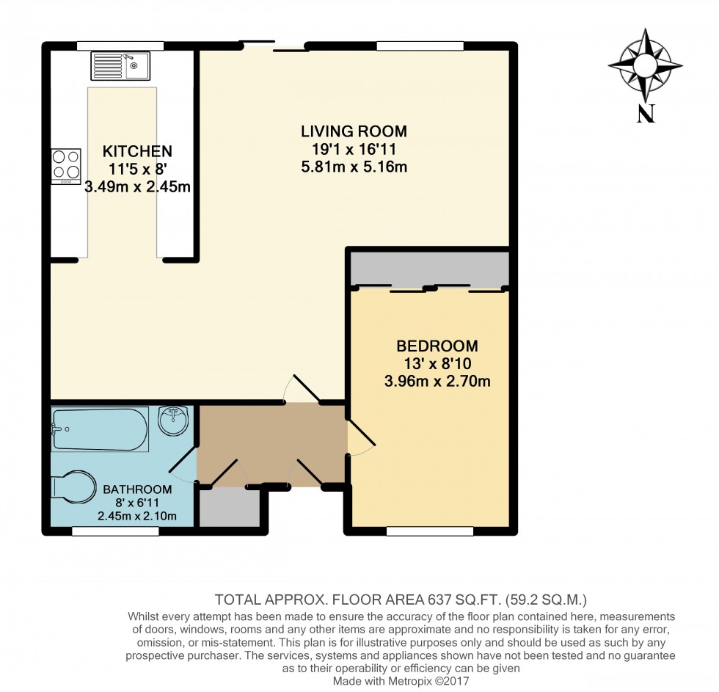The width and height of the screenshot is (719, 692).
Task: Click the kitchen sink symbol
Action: click(120, 66)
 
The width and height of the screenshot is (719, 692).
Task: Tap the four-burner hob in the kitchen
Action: click(66, 166)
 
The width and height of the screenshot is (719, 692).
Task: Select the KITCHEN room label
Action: click(137, 152)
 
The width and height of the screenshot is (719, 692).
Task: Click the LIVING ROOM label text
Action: click(354, 132)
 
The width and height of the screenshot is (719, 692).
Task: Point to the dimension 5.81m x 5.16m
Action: click(354, 167)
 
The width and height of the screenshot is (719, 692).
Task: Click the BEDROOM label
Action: click(437, 346)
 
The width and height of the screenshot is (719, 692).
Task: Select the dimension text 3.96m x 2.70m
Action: click(437, 381)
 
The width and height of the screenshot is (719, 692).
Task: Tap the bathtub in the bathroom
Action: click(100, 429)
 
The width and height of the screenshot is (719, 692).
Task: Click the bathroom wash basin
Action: click(174, 420)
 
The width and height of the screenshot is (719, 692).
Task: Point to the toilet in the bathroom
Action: click(73, 487)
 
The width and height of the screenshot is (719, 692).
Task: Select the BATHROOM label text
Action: click(137, 489)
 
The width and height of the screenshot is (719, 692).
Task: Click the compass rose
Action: click(645, 65)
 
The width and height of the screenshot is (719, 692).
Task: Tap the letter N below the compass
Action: click(645, 114)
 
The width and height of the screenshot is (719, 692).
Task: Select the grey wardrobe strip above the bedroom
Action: click(429, 268)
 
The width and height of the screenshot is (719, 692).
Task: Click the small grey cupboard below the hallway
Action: click(228, 506)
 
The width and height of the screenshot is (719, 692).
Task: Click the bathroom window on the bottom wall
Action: click(115, 531)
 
